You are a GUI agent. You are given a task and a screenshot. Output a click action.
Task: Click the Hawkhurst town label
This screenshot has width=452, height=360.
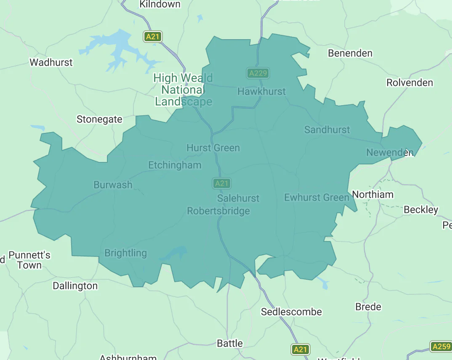(261, 91)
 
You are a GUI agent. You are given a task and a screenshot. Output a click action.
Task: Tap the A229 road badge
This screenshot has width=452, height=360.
(258, 73)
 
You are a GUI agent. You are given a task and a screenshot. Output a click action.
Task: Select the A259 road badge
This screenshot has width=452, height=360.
(441, 347)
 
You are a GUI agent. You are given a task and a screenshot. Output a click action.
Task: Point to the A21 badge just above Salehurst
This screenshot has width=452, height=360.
(221, 183)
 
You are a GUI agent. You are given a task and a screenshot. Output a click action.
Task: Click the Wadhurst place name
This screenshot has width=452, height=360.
(51, 62)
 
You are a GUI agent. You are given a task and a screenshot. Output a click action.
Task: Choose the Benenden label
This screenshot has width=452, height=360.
(350, 53)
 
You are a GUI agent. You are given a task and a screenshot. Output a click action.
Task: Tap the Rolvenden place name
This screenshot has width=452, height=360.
(409, 82)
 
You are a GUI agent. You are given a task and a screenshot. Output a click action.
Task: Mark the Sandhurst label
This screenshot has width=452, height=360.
(327, 130)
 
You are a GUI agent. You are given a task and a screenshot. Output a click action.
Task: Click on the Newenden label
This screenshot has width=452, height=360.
(389, 152)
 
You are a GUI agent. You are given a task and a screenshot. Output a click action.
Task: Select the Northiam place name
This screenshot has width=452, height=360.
(372, 194)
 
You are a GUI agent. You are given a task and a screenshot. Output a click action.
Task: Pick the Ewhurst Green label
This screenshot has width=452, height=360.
(316, 197)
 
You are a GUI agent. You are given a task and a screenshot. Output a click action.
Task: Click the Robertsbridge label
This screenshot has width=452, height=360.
(218, 211)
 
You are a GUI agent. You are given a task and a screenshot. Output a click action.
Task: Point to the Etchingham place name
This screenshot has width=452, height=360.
(175, 165)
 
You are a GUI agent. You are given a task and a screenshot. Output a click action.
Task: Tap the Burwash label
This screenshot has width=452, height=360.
(113, 185)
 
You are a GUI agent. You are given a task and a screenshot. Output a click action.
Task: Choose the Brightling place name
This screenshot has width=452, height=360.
(125, 253)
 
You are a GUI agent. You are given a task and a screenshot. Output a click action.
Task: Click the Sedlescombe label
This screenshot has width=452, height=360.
(291, 312)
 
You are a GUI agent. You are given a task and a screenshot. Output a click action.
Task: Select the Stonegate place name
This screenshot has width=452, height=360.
(99, 119)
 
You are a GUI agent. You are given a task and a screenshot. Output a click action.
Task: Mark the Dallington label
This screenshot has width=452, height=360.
(75, 286)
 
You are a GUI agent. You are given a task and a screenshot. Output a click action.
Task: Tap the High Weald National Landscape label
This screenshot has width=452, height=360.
(183, 90)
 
